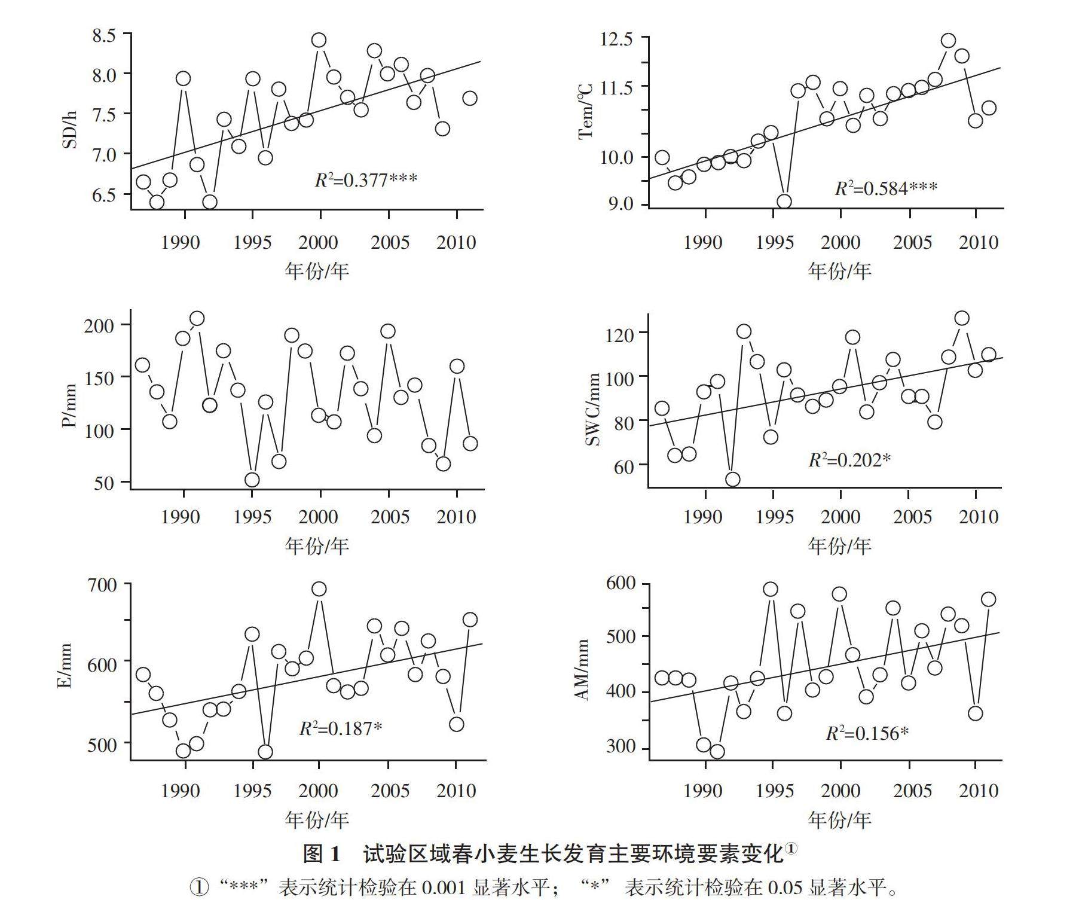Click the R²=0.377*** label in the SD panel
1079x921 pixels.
point(366,179)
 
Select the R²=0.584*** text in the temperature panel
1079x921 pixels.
point(886,188)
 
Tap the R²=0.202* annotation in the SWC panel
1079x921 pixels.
point(849,459)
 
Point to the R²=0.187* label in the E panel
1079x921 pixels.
point(340,728)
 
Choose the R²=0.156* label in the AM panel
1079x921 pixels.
point(867,733)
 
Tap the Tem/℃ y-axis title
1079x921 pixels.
point(586,111)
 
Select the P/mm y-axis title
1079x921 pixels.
point(70,405)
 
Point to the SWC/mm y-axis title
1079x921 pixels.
point(592,410)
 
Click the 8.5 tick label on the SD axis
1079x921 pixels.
point(103,35)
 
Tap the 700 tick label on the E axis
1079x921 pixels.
point(105,585)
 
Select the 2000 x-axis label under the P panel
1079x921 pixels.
point(318,516)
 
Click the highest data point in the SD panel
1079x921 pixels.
point(319,40)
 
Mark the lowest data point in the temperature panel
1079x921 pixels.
point(784,202)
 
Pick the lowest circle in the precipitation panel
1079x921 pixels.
point(252,480)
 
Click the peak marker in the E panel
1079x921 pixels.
point(319,589)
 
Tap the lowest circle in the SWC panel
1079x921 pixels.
point(732,479)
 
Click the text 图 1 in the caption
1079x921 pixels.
point(322,854)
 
